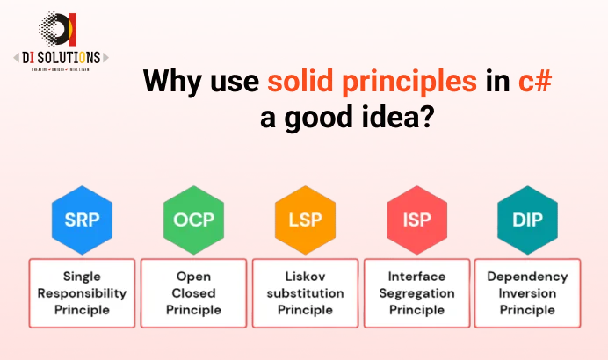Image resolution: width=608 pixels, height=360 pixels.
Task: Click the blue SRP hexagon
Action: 82,220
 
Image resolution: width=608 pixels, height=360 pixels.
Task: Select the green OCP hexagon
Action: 193,220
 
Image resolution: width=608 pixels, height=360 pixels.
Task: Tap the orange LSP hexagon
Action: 305,220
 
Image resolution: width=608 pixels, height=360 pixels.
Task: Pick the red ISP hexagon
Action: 416,220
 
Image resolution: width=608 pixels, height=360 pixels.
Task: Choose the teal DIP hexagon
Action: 527,220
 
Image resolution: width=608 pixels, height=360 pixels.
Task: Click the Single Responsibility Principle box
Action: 82,292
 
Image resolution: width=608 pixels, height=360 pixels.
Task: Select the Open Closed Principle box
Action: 193,292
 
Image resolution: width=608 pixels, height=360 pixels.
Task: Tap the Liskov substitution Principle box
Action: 305,292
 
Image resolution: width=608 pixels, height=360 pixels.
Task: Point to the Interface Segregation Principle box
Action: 416,292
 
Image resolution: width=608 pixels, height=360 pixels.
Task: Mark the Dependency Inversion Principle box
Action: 527,292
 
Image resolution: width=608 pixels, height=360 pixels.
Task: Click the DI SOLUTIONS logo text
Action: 57,56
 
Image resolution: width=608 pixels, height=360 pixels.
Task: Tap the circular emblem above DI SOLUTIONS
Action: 58,28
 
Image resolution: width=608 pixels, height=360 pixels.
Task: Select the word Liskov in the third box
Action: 305,276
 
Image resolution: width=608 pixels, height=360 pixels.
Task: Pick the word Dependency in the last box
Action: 527,276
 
